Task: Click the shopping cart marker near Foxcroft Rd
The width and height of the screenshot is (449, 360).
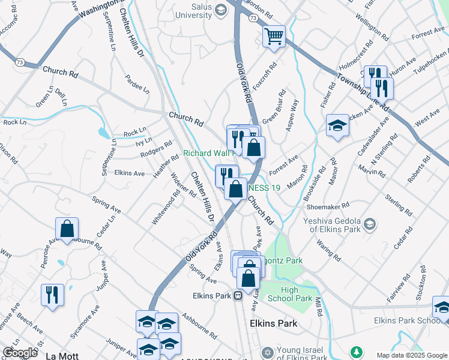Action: click(x=274, y=37)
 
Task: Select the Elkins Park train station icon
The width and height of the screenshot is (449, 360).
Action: click(x=238, y=295)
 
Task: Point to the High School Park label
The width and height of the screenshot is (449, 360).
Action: click(x=297, y=294)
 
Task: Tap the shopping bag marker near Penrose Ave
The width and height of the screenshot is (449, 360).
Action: click(x=67, y=229)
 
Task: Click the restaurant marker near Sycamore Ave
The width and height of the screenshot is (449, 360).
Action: click(x=52, y=295)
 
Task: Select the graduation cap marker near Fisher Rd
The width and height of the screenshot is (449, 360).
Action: click(x=338, y=126)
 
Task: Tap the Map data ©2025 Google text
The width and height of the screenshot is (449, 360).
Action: click(x=411, y=355)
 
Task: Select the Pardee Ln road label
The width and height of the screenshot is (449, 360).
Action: click(x=137, y=84)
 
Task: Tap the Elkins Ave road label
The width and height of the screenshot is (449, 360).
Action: click(x=129, y=173)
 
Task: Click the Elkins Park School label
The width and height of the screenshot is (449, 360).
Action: click(x=408, y=320)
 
